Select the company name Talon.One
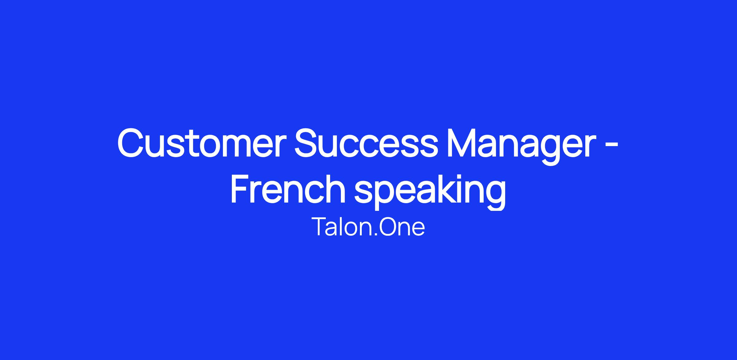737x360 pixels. point(368,227)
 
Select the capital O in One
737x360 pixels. point(389,227)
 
